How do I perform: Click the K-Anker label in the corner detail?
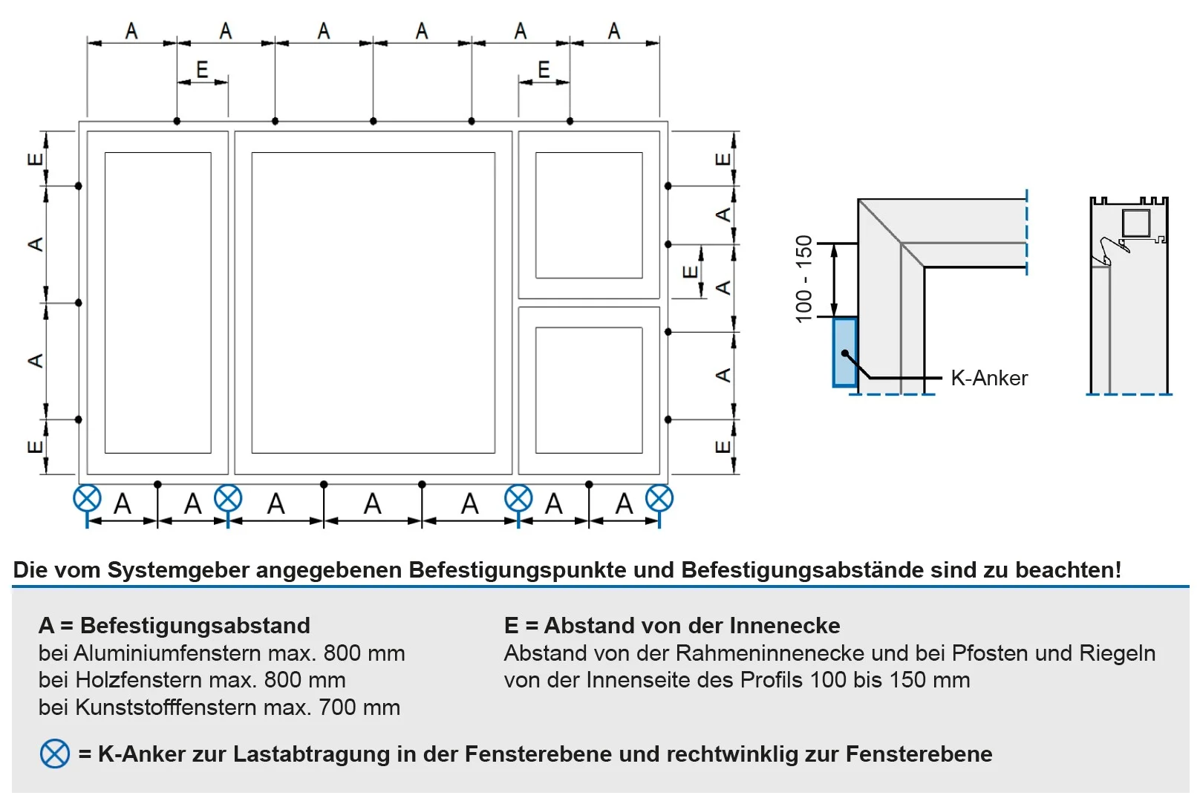[x=989, y=378]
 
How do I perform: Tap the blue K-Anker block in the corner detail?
[x=844, y=352]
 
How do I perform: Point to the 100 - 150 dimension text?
[x=804, y=278]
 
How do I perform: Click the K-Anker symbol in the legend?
[x=54, y=754]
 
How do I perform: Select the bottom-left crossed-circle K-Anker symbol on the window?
[x=87, y=498]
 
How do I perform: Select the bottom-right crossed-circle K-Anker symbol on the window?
[x=659, y=498]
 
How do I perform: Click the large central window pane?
[x=373, y=302]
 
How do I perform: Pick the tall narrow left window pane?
[x=157, y=302]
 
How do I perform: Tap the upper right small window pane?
[x=589, y=215]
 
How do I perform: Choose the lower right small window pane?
[x=589, y=390]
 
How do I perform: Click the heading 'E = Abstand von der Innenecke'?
[x=672, y=626]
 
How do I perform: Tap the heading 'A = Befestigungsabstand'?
[x=175, y=626]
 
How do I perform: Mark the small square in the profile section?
[x=1135, y=223]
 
